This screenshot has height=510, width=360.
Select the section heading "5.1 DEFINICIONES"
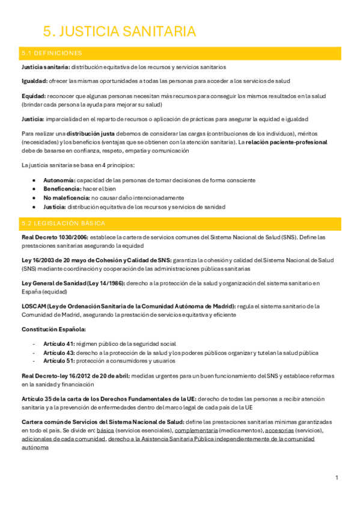(x=52, y=54)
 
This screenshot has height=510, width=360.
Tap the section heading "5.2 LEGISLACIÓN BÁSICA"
(x=59, y=223)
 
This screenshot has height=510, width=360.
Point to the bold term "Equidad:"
(x=34, y=96)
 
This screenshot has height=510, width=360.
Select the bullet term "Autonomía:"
(x=59, y=180)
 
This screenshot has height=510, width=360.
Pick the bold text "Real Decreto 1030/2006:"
(x=54, y=237)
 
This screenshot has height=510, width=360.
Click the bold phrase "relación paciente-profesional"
(x=287, y=143)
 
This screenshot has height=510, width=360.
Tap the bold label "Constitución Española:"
(x=53, y=329)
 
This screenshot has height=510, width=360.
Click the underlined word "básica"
(x=105, y=431)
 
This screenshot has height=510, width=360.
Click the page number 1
(x=337, y=478)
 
